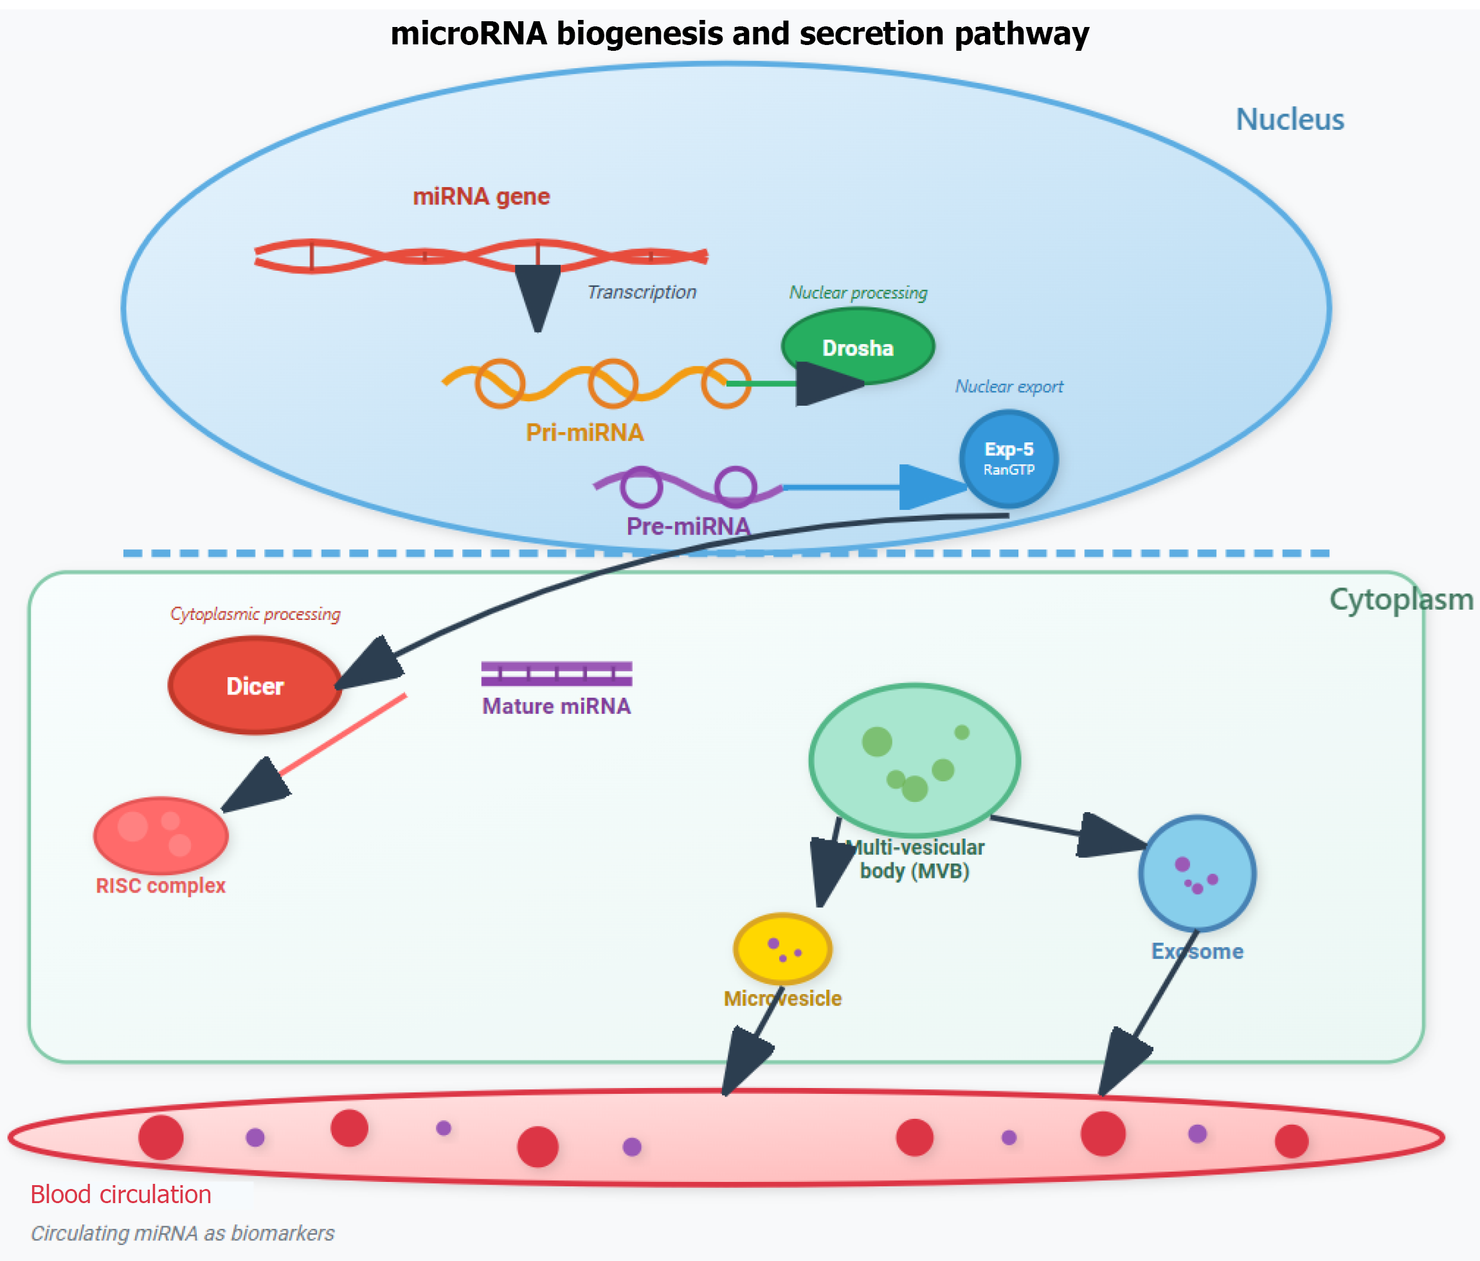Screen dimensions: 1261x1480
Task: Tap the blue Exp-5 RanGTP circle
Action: (x=1009, y=458)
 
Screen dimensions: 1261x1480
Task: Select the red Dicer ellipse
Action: (x=255, y=686)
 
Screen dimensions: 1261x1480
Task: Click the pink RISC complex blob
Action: (x=161, y=835)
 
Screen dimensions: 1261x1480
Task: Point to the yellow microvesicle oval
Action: (x=783, y=948)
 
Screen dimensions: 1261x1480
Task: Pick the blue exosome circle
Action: (x=1197, y=873)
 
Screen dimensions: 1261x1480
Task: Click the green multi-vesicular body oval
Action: (x=914, y=759)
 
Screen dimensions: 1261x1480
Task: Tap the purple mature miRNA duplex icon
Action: (x=556, y=673)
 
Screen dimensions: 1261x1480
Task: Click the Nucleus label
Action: (x=1290, y=120)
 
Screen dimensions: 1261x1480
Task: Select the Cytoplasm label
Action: (x=1401, y=599)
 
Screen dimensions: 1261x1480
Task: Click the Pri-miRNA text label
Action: (x=584, y=432)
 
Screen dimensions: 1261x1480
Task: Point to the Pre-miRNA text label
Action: (x=688, y=527)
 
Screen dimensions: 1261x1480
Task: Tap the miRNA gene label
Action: (x=482, y=197)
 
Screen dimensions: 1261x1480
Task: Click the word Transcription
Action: (x=642, y=292)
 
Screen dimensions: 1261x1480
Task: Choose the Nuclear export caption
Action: (x=1009, y=386)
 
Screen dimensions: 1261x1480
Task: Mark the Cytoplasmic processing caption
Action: (x=255, y=613)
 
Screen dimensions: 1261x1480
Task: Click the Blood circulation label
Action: (x=121, y=1195)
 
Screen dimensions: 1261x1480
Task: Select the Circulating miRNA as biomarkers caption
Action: (x=182, y=1233)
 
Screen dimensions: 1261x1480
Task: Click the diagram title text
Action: (x=739, y=33)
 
